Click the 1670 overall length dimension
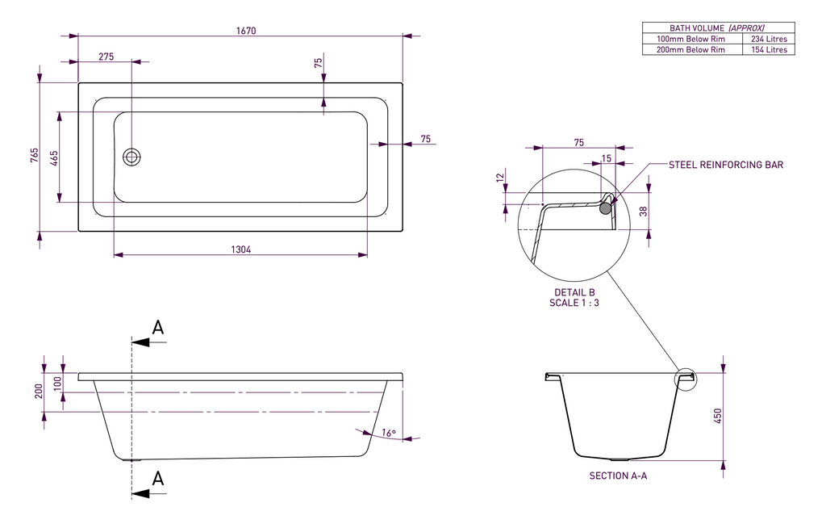[246, 31]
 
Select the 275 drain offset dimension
[106, 57]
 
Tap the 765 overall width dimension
[35, 156]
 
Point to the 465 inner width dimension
[54, 157]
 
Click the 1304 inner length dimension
[241, 249]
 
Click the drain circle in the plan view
[131, 157]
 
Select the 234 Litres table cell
[769, 39]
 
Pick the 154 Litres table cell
[769, 50]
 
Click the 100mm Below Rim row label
[690, 39]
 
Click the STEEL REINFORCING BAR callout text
[726, 165]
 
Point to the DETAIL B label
[574, 292]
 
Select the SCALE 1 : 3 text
[574, 303]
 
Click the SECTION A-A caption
[618, 476]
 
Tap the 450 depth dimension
[718, 415]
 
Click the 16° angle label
[389, 434]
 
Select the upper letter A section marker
[158, 327]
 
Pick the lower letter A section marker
[158, 478]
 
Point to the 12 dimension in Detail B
[500, 177]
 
